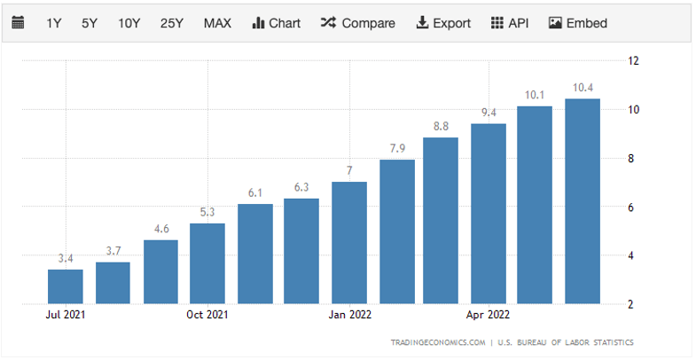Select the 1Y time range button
[54, 23]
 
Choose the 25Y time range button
[171, 23]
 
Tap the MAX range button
[217, 23]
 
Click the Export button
[443, 23]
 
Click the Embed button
[581, 23]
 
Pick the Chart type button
[277, 23]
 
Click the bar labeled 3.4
[66, 286]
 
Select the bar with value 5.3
[207, 263]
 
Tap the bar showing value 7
[349, 243]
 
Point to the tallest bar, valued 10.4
[583, 201]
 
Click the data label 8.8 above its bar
[441, 127]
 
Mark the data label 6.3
[301, 187]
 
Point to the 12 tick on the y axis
[634, 61]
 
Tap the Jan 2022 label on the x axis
[349, 314]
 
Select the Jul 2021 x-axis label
[66, 314]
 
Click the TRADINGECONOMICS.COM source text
[438, 342]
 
